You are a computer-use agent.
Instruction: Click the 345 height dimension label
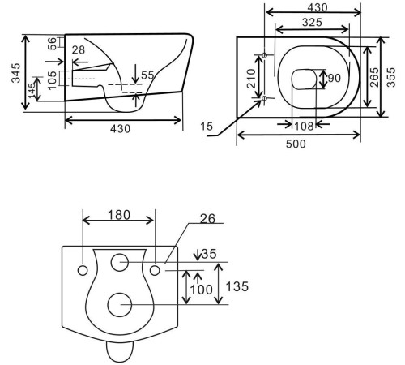[16, 73]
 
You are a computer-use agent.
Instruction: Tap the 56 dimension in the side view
[52, 44]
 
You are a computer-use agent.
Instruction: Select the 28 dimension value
[79, 50]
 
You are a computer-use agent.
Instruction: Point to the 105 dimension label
[52, 79]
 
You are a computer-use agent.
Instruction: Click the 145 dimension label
[32, 90]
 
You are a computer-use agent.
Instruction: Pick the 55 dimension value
[147, 75]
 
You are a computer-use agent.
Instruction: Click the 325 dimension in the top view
[312, 23]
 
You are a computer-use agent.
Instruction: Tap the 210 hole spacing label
[251, 79]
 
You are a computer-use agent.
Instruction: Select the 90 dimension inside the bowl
[335, 78]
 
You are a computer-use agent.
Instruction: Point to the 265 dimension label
[374, 77]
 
